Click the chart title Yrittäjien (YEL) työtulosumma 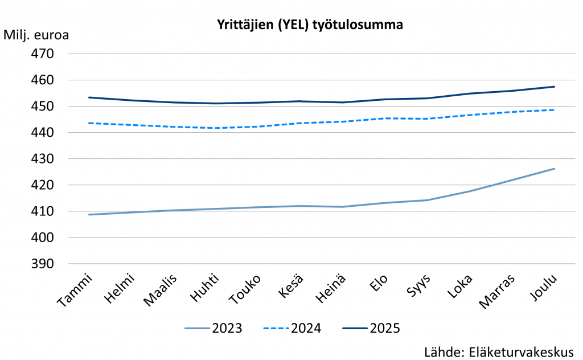tap(310, 25)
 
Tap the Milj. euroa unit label tap(36, 35)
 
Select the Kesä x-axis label tap(293, 285)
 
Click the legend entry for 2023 tap(214, 328)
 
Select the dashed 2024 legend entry tap(292, 328)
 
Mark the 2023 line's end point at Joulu tap(555, 169)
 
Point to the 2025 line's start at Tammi tap(89, 97)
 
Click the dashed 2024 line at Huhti tap(215, 128)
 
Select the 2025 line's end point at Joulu tap(555, 87)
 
